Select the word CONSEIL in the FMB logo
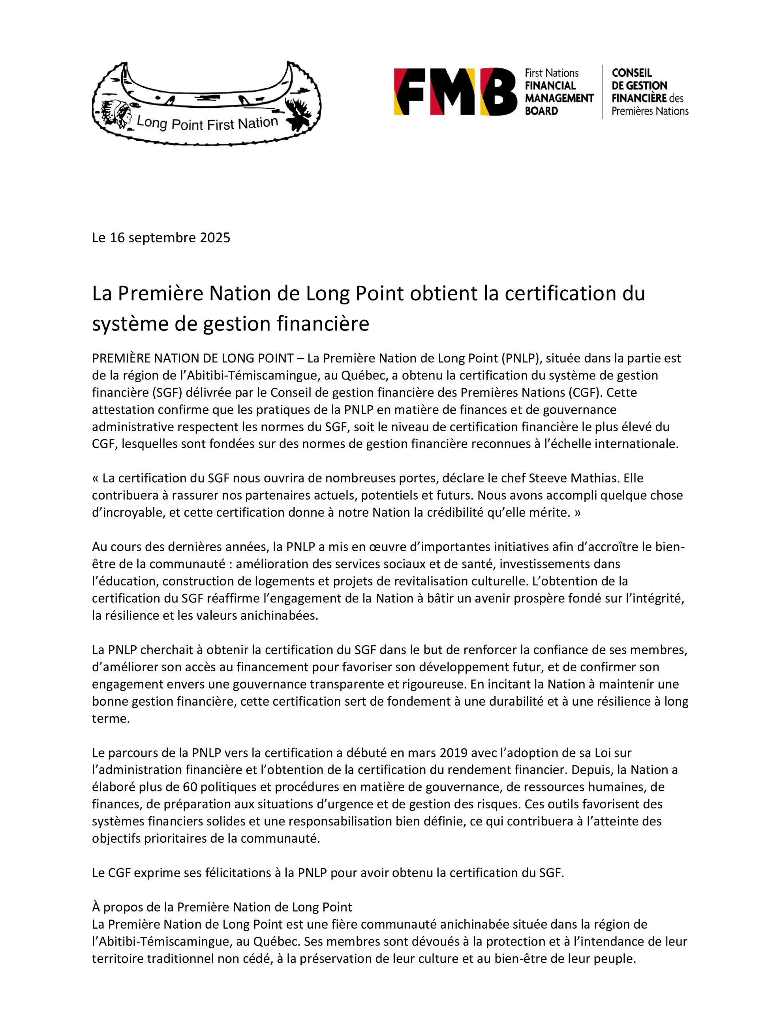[631, 73]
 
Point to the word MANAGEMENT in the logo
[559, 98]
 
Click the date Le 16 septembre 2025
[161, 238]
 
